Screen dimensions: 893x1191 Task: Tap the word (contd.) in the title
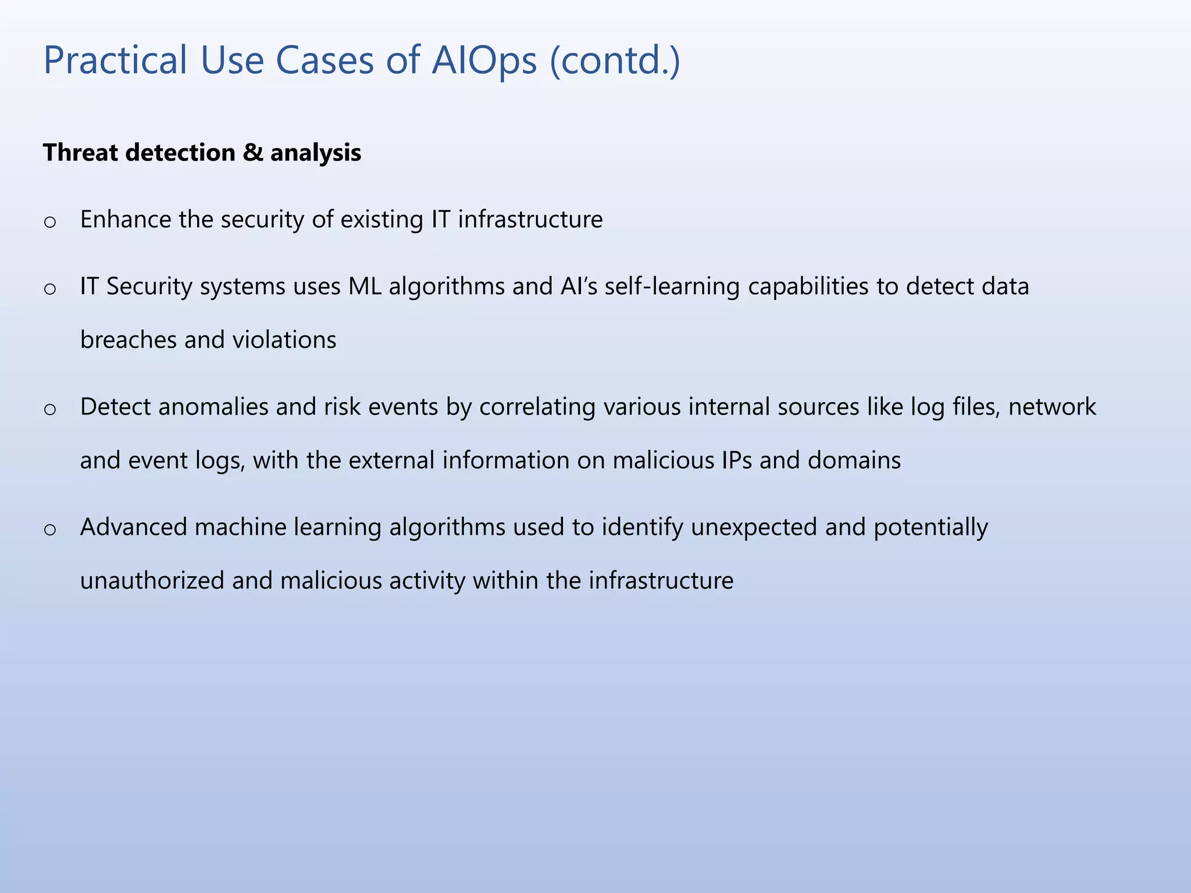point(615,60)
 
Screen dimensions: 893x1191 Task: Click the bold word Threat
point(80,153)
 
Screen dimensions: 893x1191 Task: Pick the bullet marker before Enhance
point(50,222)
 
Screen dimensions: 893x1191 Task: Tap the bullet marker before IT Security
point(50,288)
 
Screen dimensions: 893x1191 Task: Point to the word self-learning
point(672,287)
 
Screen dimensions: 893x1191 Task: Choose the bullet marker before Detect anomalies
point(50,409)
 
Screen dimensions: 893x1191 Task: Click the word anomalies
point(213,407)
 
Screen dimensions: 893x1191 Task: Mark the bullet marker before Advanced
point(50,529)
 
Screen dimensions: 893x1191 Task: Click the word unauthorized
point(152,581)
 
